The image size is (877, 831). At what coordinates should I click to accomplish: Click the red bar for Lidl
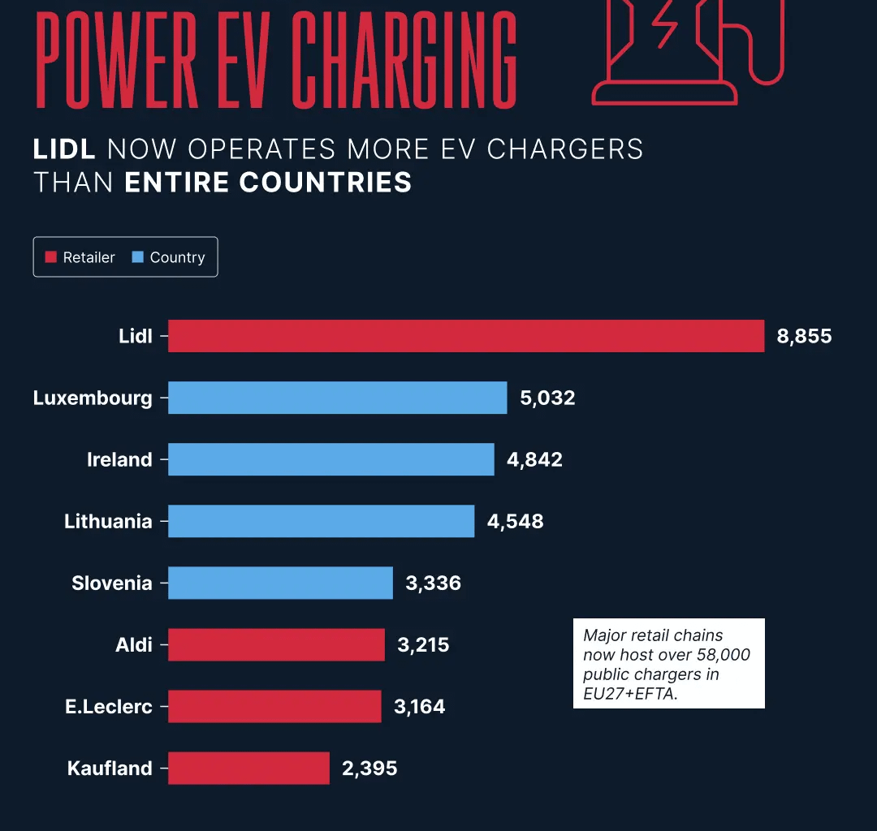point(466,336)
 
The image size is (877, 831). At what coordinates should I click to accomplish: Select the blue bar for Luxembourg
point(337,398)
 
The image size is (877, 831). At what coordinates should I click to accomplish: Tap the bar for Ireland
point(330,459)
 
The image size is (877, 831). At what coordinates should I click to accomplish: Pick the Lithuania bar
point(321,521)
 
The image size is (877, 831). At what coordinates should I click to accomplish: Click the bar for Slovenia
point(280,583)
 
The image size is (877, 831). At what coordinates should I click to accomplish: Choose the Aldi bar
point(276,644)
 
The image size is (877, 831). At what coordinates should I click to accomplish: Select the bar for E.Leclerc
point(274,706)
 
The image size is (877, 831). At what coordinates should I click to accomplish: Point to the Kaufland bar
point(248,768)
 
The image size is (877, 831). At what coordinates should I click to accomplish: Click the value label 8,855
point(804,336)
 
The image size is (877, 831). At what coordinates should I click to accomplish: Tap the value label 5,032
point(547,398)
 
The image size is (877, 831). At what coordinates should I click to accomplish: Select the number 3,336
point(433,583)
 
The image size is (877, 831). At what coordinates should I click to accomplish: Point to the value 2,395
point(369,768)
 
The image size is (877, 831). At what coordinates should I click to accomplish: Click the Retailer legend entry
point(80,257)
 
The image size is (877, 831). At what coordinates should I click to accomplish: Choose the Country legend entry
point(169,257)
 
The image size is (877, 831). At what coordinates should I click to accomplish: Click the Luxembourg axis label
point(93,398)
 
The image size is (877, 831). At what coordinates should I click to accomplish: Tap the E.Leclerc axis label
point(109,706)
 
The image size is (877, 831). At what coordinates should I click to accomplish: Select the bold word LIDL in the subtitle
point(64,149)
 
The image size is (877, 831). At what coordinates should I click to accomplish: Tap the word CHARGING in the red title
point(404,61)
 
